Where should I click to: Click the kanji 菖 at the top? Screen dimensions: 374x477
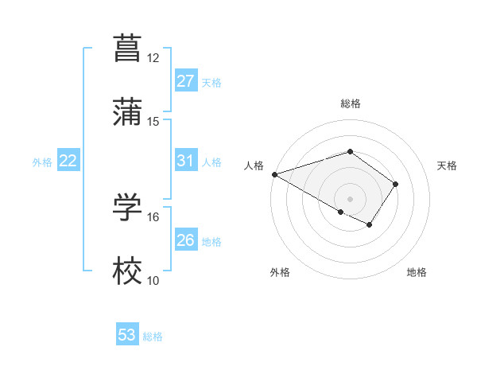tap(128, 47)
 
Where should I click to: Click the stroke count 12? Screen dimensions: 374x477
tap(153, 58)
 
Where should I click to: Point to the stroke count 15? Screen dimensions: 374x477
tap(153, 122)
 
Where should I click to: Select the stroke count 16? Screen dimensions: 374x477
tap(153, 216)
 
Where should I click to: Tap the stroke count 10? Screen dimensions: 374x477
tap(153, 281)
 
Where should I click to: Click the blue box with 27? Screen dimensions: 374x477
tap(185, 81)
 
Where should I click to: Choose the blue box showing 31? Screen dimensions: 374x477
tap(185, 162)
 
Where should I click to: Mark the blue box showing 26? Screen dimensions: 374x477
tap(185, 240)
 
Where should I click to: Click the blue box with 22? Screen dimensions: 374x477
tap(68, 162)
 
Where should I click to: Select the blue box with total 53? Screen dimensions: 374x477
tap(127, 335)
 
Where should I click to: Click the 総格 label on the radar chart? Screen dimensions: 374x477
tap(351, 103)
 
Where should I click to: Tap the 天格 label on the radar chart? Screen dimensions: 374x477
tap(447, 166)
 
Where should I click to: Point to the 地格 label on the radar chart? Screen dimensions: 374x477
tap(417, 272)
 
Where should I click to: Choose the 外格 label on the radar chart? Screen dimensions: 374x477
tap(280, 272)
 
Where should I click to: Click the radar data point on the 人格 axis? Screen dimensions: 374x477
tap(273, 174)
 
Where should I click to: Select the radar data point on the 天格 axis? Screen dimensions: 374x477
tap(396, 184)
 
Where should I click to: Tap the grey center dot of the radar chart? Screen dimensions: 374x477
tap(351, 198)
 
